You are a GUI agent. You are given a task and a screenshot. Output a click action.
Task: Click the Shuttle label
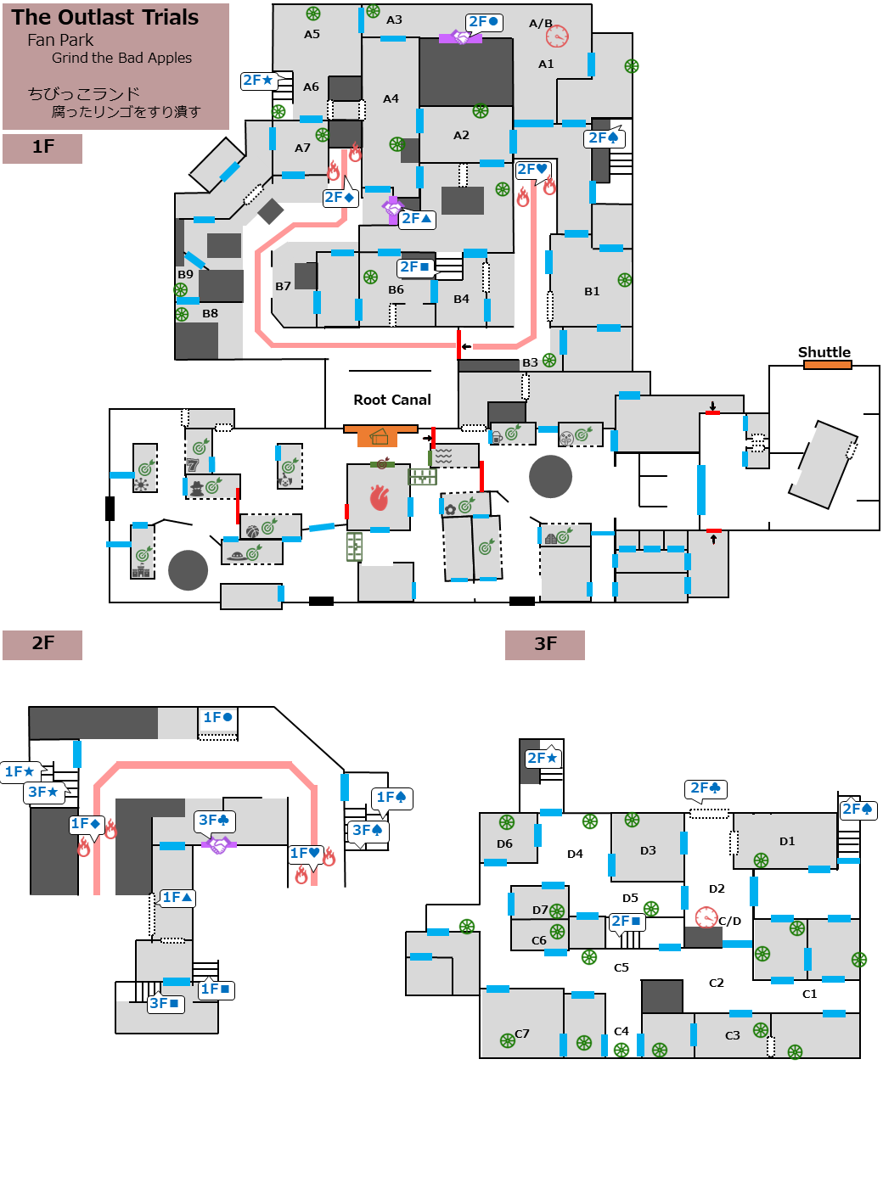point(824,352)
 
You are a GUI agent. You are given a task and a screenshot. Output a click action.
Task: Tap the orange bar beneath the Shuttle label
point(827,365)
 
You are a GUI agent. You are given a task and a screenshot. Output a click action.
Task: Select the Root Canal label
point(392,400)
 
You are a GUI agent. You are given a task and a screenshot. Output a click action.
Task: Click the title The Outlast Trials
point(105,17)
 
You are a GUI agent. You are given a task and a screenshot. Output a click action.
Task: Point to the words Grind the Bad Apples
point(121,58)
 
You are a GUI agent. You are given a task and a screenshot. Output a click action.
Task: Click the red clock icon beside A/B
point(557,36)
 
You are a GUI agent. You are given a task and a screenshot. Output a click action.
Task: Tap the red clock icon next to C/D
point(706,917)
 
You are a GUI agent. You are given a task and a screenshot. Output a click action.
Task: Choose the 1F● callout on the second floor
point(217,718)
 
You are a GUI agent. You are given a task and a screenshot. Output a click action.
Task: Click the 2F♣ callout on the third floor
point(706,788)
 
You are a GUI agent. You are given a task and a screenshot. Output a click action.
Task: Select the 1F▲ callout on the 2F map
point(177,898)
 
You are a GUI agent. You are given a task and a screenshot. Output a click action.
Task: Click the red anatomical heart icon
point(380,497)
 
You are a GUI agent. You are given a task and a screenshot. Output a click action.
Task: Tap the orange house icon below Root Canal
point(379,437)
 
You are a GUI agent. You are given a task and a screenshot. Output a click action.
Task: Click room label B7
point(283,286)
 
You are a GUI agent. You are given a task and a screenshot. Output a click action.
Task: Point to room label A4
point(391,98)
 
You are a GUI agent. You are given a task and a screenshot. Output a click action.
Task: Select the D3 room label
point(648,850)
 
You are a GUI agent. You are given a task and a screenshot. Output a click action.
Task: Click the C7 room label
point(522,1034)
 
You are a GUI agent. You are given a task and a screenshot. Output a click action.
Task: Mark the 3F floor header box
point(545,644)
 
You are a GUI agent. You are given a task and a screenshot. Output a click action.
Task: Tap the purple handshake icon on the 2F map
point(219,845)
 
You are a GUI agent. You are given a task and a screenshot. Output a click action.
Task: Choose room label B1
point(592,291)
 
